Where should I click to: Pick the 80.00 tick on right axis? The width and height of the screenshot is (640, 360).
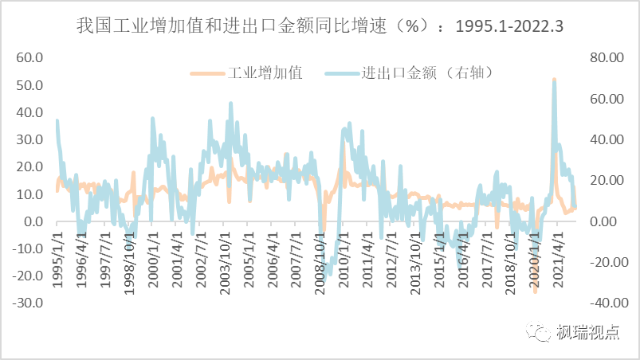(x=603, y=57)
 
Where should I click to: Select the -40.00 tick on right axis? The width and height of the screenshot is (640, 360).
(x=602, y=303)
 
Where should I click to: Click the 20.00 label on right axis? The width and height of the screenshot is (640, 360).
(x=603, y=180)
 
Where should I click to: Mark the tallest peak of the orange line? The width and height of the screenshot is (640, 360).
(x=554, y=80)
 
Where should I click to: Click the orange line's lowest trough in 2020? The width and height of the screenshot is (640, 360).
(x=536, y=292)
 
